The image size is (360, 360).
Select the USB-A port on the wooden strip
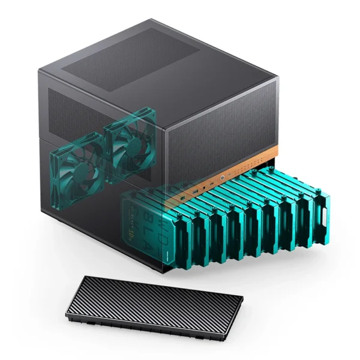196,191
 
